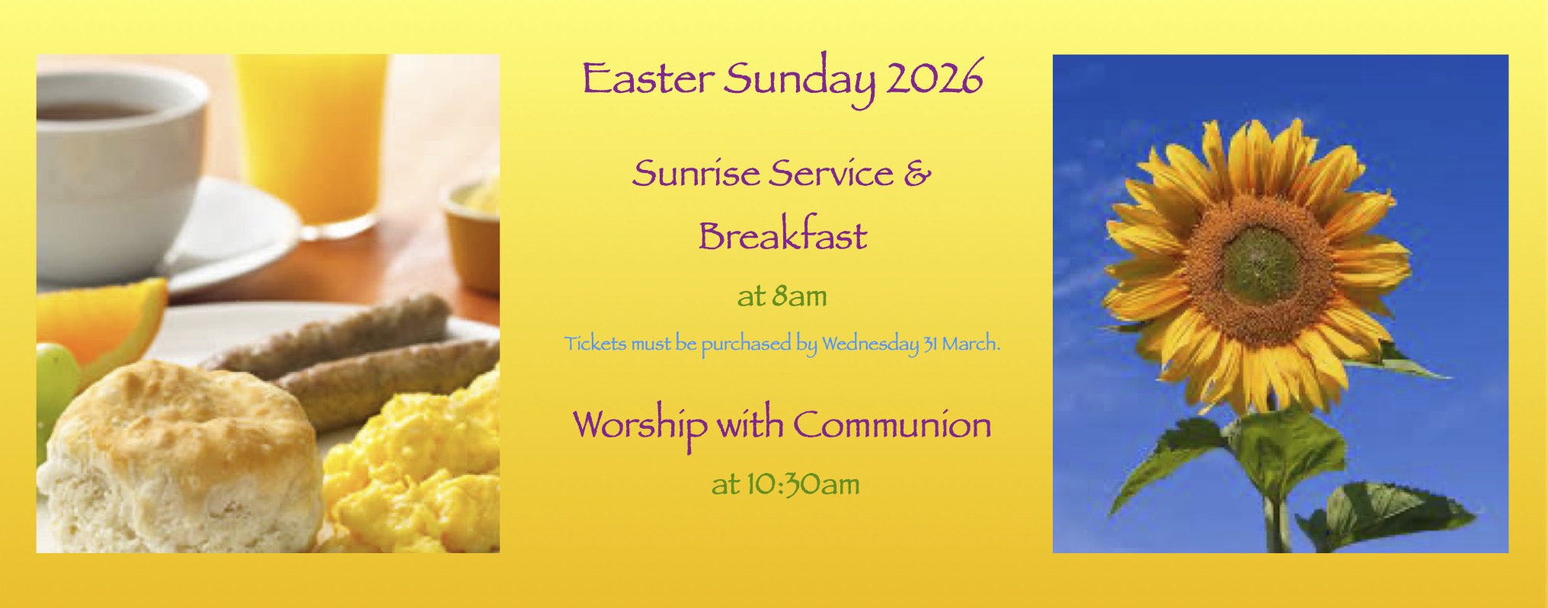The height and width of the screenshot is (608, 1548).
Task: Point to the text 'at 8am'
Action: click(x=782, y=296)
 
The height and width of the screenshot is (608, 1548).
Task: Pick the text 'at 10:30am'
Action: click(x=785, y=483)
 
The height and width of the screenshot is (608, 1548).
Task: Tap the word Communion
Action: click(x=892, y=424)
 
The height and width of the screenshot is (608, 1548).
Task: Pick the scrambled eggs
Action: click(x=415, y=457)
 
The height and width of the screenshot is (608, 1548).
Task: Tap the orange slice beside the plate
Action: click(x=107, y=320)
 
